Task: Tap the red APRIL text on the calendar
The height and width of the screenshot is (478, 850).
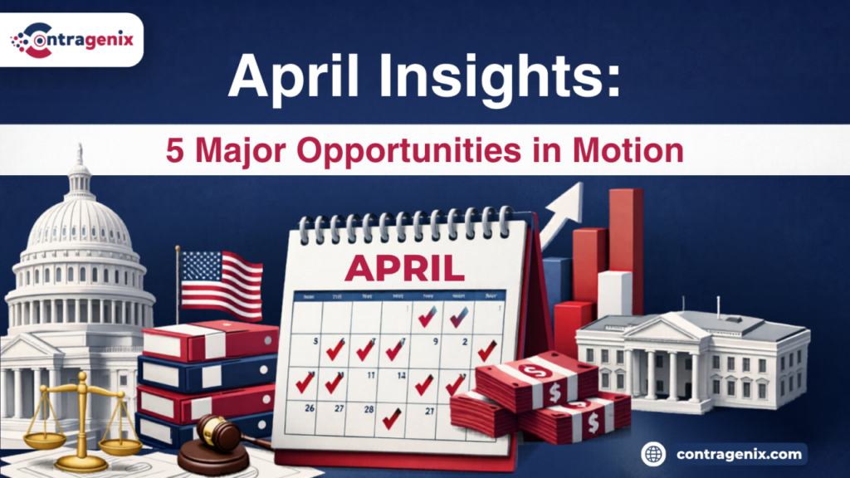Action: [403, 267]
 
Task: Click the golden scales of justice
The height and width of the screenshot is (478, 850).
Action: [82, 415]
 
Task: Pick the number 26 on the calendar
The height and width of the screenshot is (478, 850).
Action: [310, 407]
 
